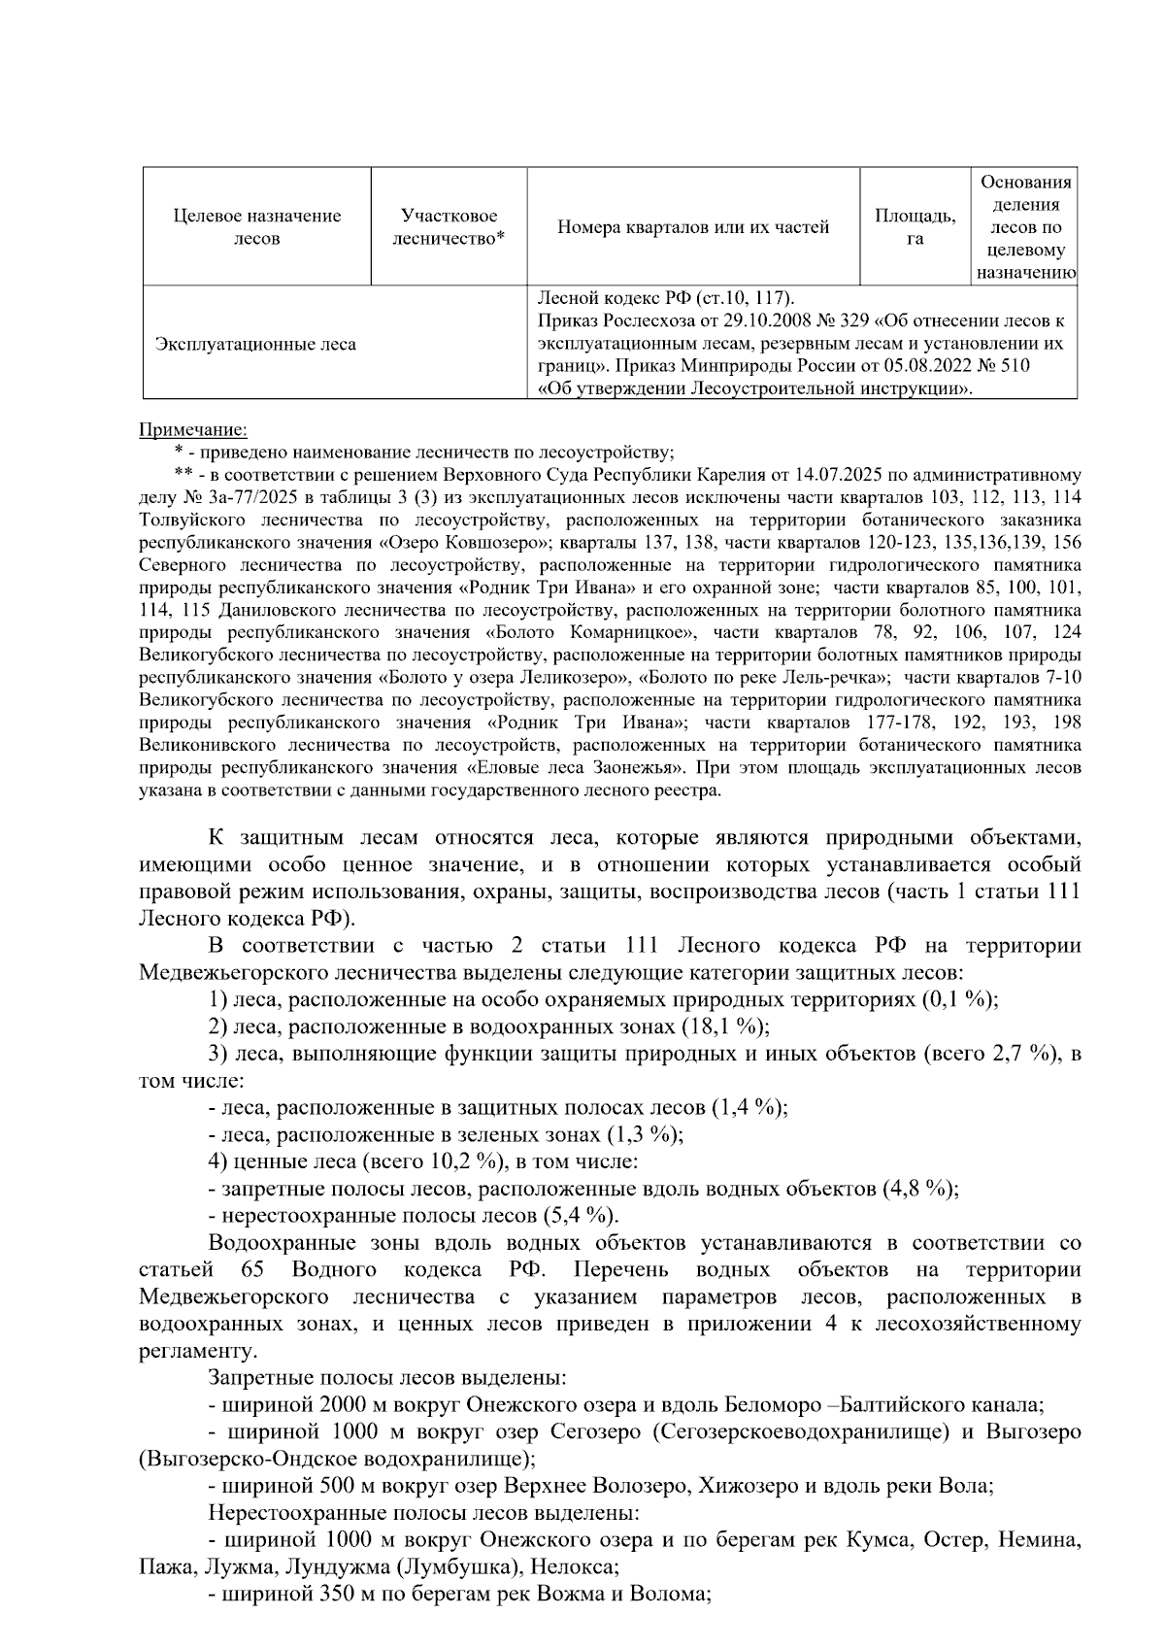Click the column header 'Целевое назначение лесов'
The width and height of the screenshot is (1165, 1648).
257,226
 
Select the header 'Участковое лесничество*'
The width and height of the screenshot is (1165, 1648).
449,226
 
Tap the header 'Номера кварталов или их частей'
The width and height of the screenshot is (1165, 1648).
693,227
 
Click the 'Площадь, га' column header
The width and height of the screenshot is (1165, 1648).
915,226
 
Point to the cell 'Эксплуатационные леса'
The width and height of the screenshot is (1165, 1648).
256,344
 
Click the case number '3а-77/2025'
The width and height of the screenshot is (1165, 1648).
249,497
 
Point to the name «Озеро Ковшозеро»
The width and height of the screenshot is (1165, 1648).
465,542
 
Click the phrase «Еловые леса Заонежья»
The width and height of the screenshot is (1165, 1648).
575,767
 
